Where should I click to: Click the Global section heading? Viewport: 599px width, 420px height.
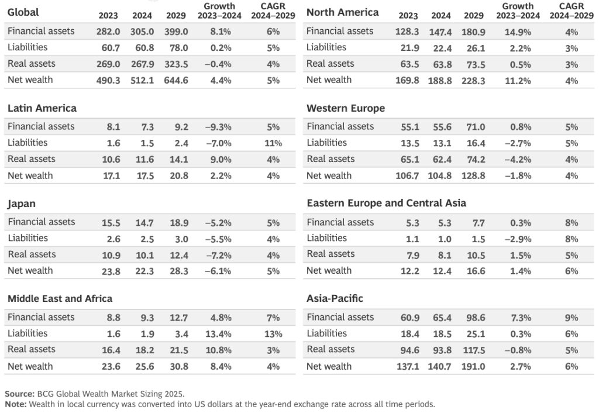(x=23, y=12)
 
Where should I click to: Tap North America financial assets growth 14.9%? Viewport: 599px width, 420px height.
(x=517, y=32)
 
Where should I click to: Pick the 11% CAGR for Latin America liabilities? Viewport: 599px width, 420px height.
(x=273, y=143)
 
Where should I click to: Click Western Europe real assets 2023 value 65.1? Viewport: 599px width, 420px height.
(x=408, y=159)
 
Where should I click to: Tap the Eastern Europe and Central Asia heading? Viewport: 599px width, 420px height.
(x=386, y=203)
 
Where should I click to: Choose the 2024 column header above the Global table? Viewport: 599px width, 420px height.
(x=142, y=16)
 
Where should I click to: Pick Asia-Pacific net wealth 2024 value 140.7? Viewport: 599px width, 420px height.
(x=440, y=367)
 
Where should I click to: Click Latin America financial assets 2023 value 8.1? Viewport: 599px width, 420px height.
(x=113, y=127)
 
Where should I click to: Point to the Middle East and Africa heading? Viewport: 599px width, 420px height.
(x=60, y=298)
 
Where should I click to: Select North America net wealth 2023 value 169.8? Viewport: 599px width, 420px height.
(x=407, y=80)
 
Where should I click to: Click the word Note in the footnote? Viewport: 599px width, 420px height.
(x=16, y=404)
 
